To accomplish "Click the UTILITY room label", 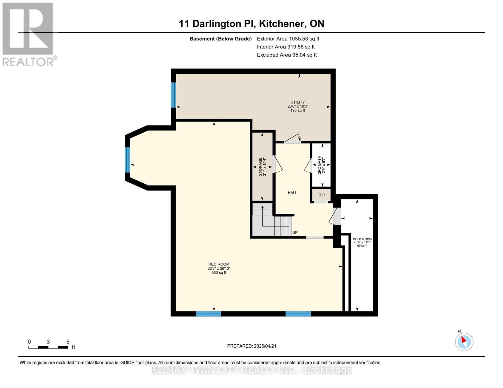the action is click(x=297, y=102).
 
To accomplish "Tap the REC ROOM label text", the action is click(x=219, y=264).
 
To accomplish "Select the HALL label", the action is click(x=292, y=193).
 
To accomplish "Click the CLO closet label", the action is click(x=321, y=195).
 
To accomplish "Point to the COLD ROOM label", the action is click(x=362, y=239).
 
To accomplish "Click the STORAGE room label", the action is click(x=260, y=167).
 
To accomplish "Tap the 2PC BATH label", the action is click(x=319, y=165).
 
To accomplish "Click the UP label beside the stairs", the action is click(x=295, y=232).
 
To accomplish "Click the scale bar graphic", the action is click(x=48, y=347).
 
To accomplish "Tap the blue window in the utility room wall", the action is click(x=173, y=95).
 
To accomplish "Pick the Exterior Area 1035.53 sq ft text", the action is click(x=288, y=39).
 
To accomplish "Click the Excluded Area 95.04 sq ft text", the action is click(x=287, y=55).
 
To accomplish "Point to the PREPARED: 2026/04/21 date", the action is click(x=252, y=346).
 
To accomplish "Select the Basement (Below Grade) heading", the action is click(x=221, y=39).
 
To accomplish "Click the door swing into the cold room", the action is click(x=335, y=216).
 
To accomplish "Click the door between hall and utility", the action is click(x=292, y=139).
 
